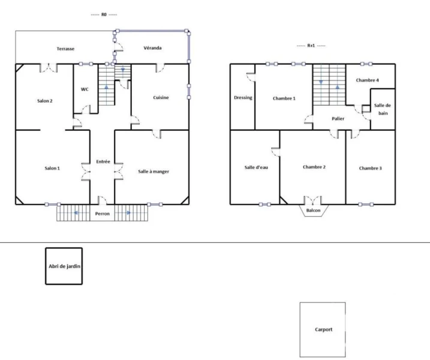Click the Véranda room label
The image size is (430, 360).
152,48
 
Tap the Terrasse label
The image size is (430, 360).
65,49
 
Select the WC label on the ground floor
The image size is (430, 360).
85,89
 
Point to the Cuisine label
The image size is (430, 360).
161,97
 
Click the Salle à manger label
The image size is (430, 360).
154,172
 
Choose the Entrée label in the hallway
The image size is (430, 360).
103,161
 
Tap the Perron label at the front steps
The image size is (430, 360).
103,214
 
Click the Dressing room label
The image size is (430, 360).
243,98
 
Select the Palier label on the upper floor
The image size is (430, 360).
338,119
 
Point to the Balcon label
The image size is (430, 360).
313,211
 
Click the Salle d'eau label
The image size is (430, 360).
256,167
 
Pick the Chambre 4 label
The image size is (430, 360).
368,80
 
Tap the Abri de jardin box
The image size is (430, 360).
64,266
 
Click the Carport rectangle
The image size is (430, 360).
323,329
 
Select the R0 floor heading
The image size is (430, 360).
104,14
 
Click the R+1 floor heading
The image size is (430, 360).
311,46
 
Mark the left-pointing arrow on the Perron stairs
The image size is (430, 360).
76,212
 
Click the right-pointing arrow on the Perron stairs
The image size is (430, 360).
128,212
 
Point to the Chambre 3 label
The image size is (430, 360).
370,168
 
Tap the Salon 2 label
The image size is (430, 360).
45,101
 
